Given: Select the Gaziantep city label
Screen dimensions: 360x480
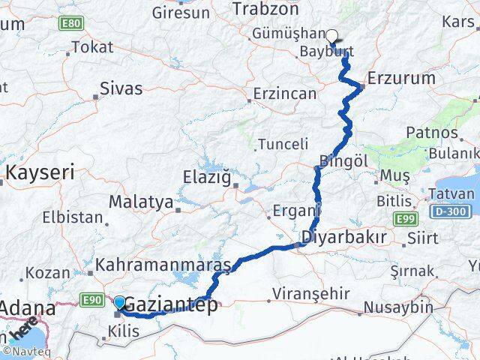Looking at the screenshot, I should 171,304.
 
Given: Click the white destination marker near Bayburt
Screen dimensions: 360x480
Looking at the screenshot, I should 331,34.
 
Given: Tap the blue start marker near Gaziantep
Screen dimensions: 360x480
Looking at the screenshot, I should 119,302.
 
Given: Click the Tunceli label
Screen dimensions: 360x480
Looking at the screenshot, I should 283,144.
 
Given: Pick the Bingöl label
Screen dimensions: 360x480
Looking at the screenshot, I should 343,160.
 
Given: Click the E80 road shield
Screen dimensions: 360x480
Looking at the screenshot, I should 73,24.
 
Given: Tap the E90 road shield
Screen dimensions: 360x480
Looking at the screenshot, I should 93,300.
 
